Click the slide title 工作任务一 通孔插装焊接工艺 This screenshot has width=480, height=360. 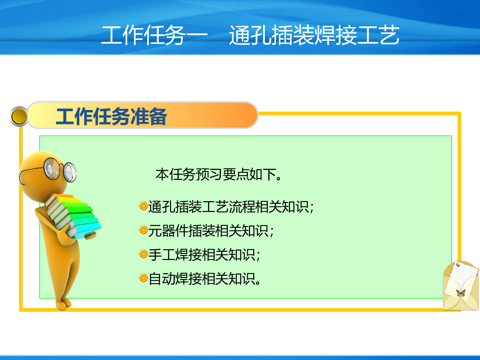point(250,35)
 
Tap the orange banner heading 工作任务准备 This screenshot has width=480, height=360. point(112,116)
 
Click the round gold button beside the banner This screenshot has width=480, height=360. point(19,116)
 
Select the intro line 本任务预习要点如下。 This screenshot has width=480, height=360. point(218,175)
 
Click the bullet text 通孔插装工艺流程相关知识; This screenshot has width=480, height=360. point(231,207)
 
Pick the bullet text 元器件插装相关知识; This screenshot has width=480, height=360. point(211,231)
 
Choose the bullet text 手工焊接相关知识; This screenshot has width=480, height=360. point(204,255)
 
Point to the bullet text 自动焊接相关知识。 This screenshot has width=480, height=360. point(205,279)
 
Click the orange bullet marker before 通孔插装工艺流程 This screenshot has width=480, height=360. point(144,206)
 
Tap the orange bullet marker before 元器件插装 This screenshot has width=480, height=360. point(144,230)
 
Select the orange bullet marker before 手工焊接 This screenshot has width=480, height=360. point(144,254)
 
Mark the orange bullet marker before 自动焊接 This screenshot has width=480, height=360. point(144,278)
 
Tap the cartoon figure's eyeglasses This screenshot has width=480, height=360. point(60,170)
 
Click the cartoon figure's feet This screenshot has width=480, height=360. point(64,304)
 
